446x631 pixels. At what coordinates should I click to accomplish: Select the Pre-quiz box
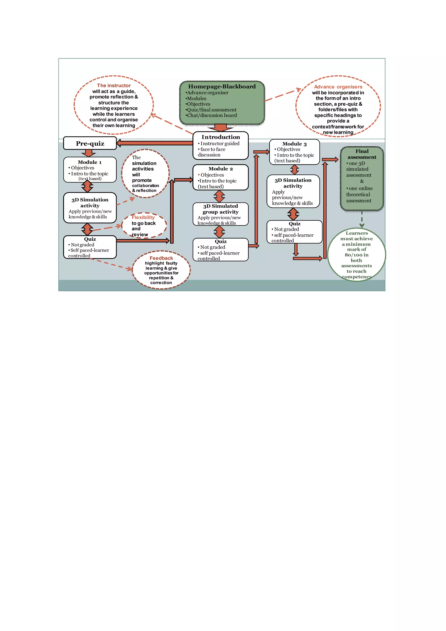tap(90, 143)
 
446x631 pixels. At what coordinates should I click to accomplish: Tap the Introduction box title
tap(221, 137)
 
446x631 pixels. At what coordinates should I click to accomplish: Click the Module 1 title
tap(90, 162)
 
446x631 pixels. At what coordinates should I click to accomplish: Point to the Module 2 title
tap(220, 169)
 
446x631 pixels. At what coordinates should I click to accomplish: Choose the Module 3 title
tap(294, 144)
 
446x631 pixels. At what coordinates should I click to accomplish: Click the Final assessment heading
tap(362, 154)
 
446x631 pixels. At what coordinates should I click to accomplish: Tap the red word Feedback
tap(161, 258)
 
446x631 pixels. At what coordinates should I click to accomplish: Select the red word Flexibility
tap(143, 217)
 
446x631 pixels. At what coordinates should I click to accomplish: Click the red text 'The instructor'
tap(114, 86)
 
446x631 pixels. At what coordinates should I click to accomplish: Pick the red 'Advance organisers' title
tap(338, 87)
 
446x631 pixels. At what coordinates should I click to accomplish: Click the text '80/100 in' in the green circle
tap(356, 255)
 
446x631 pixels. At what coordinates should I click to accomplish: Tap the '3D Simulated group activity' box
tap(220, 214)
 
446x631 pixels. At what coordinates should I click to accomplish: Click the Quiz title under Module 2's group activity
tap(221, 241)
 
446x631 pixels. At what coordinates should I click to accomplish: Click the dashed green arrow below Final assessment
tap(362, 219)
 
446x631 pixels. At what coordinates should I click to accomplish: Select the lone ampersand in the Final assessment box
tap(362, 181)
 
